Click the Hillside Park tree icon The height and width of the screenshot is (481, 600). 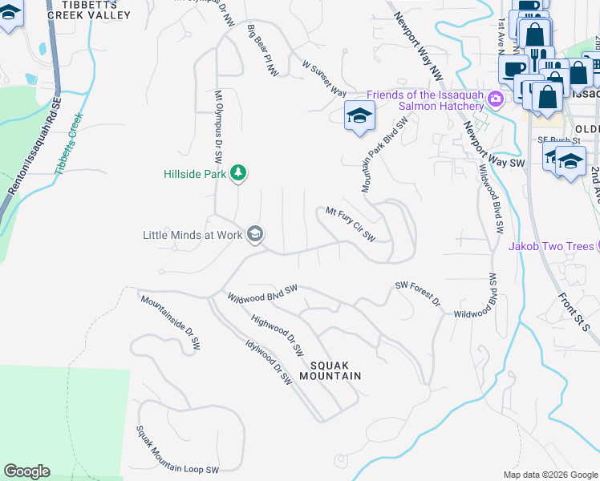pyautogui.click(x=238, y=172)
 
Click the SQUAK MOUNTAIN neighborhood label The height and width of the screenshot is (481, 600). pyautogui.click(x=330, y=370)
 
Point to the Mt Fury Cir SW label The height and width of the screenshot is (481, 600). pyautogui.click(x=351, y=224)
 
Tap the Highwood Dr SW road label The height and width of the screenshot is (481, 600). pyautogui.click(x=278, y=334)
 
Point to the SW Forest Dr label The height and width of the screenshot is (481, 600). pyautogui.click(x=418, y=293)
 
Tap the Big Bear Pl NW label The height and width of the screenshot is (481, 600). pyautogui.click(x=262, y=51)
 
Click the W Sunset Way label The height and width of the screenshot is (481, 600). pyautogui.click(x=324, y=77)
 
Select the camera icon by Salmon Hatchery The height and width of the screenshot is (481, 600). pyautogui.click(x=496, y=98)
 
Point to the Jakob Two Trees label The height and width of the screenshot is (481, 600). pyautogui.click(x=553, y=246)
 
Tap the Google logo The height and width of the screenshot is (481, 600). pyautogui.click(x=26, y=471)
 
